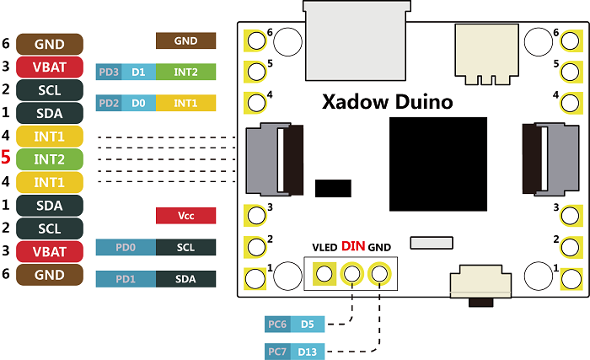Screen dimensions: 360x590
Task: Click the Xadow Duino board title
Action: [387, 103]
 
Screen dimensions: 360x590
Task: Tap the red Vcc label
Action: [186, 216]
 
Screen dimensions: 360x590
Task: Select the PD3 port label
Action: [109, 73]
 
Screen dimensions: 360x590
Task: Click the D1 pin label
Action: [138, 73]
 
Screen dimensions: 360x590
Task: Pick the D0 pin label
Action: [138, 103]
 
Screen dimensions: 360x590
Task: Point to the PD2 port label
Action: [109, 103]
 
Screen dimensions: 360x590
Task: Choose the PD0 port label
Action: [126, 248]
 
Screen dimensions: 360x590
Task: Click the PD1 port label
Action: [126, 278]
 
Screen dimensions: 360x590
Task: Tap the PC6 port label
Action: [276, 323]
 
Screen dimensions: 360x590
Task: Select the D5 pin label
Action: [308, 323]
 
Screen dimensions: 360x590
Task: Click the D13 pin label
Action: [308, 351]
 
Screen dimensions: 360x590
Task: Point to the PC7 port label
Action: [276, 351]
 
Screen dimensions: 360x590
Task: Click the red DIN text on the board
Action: [353, 247]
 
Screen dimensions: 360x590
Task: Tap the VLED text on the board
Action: [324, 248]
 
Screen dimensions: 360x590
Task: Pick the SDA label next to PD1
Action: [186, 278]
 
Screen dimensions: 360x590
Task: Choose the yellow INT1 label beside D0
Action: [186, 103]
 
